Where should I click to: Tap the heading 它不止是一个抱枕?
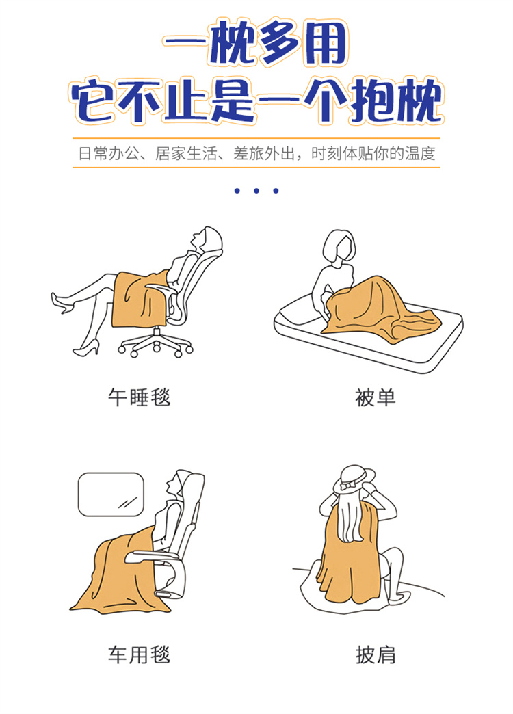[x=256, y=101]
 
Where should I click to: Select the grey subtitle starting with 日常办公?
[x=256, y=153]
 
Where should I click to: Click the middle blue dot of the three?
[x=256, y=191]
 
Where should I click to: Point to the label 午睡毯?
[x=140, y=397]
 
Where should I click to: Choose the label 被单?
[x=375, y=397]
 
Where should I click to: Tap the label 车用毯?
[x=140, y=654]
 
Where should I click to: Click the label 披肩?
[x=375, y=654]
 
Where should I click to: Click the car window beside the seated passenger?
[x=111, y=494]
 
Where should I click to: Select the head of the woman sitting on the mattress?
[x=338, y=246]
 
